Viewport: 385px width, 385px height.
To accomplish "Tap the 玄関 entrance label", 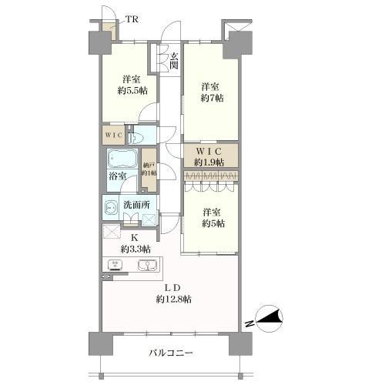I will coord(174,60).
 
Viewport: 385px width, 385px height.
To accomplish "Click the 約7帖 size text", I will coord(211,98).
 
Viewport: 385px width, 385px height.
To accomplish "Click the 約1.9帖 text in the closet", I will coord(209,162).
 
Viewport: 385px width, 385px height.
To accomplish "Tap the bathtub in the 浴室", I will coord(122,160).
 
